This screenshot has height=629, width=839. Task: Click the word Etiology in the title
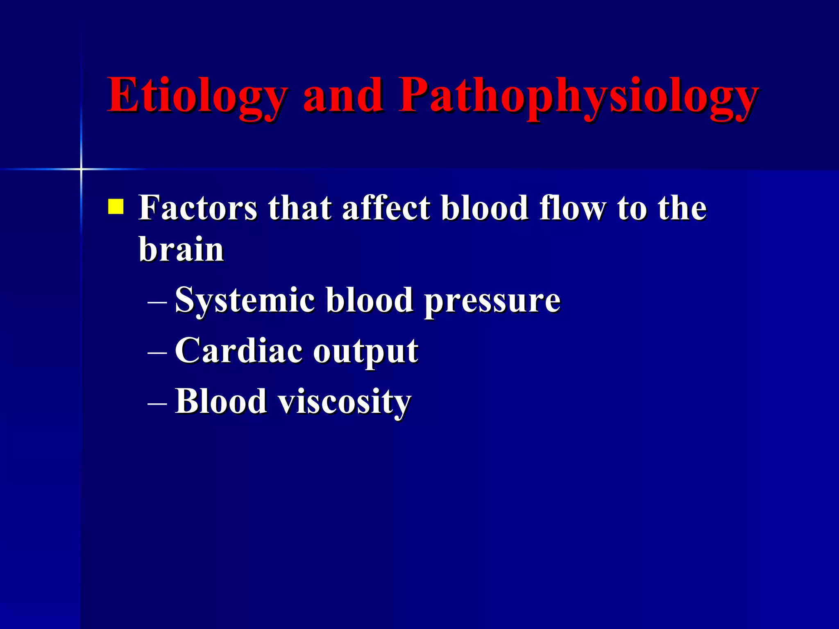pyautogui.click(x=197, y=96)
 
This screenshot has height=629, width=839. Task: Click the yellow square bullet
pyautogui.click(x=116, y=207)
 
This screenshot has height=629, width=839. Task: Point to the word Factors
pyautogui.click(x=198, y=208)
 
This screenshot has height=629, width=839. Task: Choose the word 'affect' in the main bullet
pyautogui.click(x=386, y=208)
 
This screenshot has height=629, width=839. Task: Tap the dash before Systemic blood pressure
pyautogui.click(x=157, y=303)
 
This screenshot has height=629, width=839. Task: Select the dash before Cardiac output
pyautogui.click(x=157, y=353)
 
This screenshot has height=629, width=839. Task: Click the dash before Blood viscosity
pyautogui.click(x=157, y=403)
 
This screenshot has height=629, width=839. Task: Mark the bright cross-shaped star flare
pyautogui.click(x=81, y=169)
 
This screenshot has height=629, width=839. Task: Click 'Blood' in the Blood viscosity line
pyautogui.click(x=221, y=401)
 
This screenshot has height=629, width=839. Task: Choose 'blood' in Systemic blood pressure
pyautogui.click(x=369, y=300)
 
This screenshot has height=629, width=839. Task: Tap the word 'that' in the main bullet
pyautogui.click(x=299, y=208)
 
